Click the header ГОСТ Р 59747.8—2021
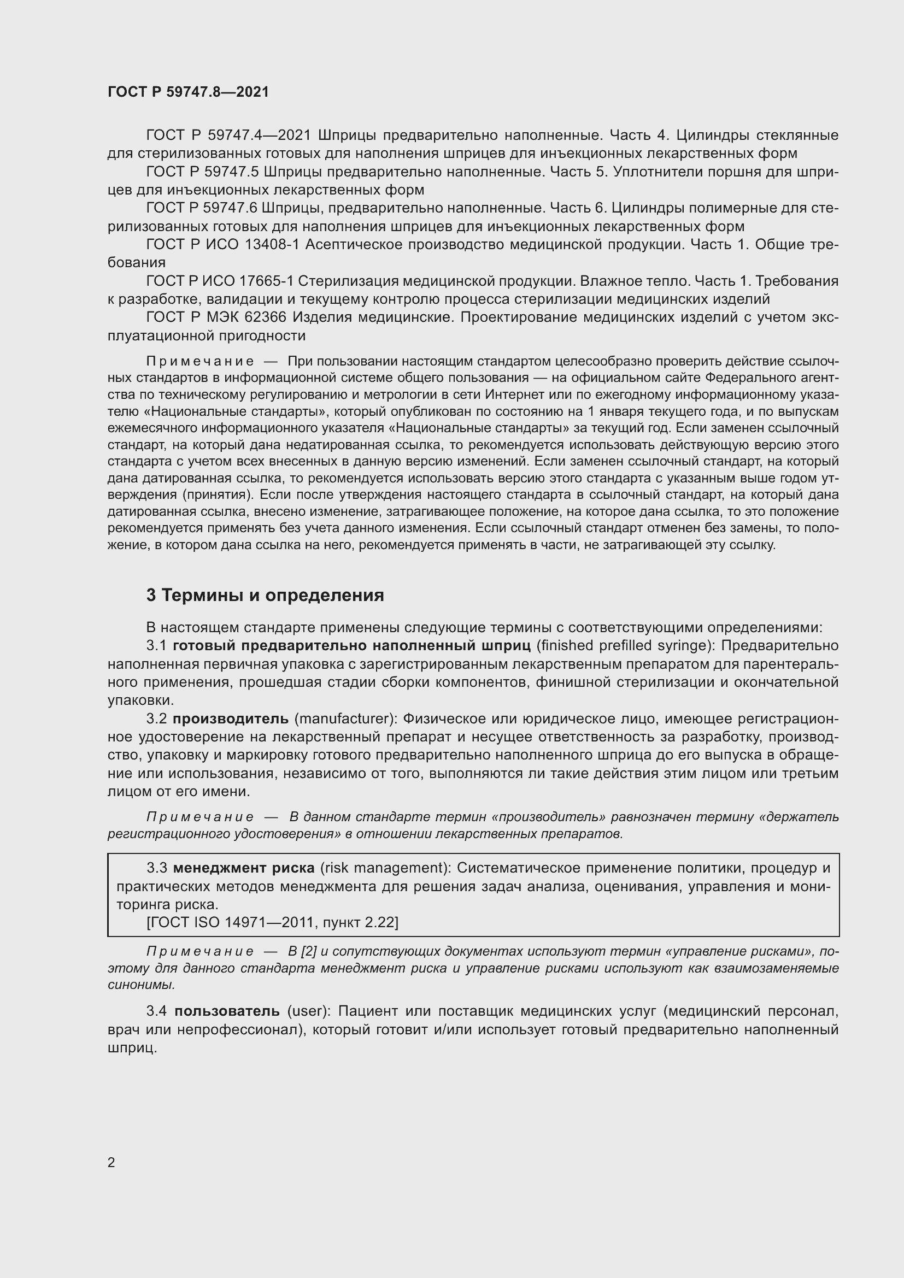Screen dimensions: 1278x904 [x=188, y=92]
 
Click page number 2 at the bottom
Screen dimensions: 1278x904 [x=111, y=1162]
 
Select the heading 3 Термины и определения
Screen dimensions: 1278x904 [x=265, y=596]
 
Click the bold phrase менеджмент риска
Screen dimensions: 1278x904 [x=244, y=868]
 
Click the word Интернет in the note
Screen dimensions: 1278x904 [x=509, y=394]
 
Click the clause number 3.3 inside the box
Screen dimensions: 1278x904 [x=157, y=868]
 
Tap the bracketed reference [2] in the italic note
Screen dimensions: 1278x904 [x=309, y=951]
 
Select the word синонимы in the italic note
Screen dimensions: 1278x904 [x=141, y=985]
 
